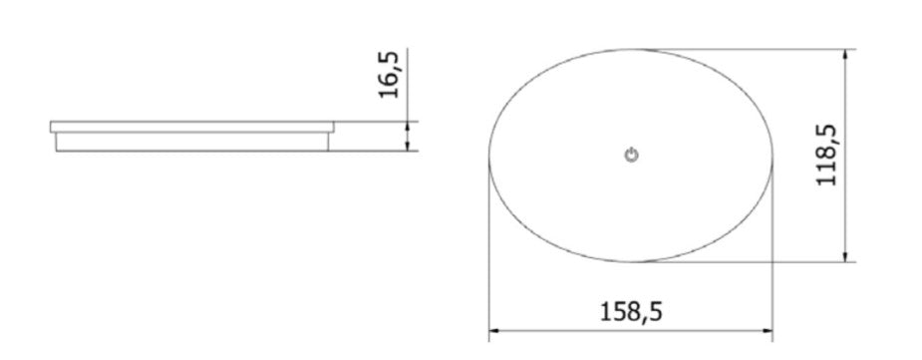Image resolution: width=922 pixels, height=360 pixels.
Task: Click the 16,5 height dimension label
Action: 390,75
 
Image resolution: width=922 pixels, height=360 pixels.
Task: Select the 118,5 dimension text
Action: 826,156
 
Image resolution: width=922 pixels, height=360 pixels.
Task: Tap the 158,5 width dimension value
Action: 630,312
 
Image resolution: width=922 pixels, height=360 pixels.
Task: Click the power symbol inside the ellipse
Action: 631,156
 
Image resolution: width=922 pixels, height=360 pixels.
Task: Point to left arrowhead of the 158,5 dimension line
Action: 494,331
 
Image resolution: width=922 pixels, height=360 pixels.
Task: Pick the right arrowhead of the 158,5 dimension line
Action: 768,331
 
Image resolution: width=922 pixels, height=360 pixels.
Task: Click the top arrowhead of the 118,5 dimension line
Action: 845,54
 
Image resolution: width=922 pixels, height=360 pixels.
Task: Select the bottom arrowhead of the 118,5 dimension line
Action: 845,256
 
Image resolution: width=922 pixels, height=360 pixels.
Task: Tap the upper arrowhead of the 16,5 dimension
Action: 407,127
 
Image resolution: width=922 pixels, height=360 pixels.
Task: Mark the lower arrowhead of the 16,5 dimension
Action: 407,146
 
